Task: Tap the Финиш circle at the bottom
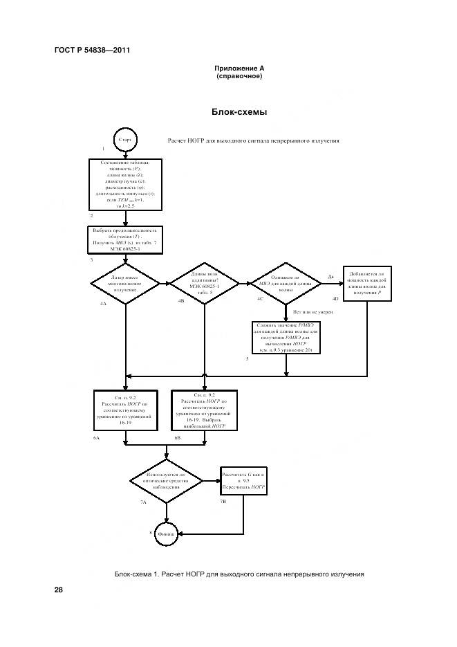point(167,534)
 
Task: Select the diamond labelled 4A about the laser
point(125,282)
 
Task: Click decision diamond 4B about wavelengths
point(204,282)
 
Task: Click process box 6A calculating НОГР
point(125,412)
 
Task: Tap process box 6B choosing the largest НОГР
point(204,411)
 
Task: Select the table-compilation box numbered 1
point(125,184)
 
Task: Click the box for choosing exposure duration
point(125,239)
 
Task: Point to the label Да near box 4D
point(330,277)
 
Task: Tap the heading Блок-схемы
point(239,111)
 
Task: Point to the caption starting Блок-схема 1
point(239,574)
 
